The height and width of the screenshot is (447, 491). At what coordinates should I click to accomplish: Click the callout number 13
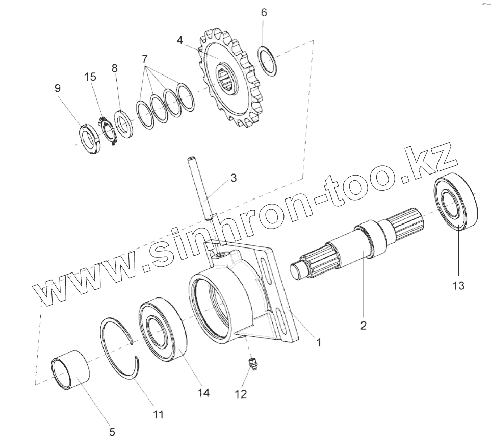pyautogui.click(x=458, y=285)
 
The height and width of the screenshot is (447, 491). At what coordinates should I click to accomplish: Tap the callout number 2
pyautogui.click(x=363, y=325)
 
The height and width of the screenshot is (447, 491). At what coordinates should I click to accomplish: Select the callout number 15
pyautogui.click(x=90, y=77)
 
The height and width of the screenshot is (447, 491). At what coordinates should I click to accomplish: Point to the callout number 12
pyautogui.click(x=240, y=394)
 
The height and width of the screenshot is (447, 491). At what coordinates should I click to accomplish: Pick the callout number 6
pyautogui.click(x=264, y=13)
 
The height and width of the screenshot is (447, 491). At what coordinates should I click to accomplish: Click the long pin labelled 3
pyautogui.click(x=200, y=189)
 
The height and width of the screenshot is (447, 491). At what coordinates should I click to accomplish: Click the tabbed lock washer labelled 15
pyautogui.click(x=108, y=131)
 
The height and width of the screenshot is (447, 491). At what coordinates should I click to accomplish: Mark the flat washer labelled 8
pyautogui.click(x=123, y=123)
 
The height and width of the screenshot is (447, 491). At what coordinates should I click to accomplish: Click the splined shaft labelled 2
pyautogui.click(x=357, y=240)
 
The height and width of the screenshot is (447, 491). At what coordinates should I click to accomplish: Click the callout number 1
pyautogui.click(x=319, y=343)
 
